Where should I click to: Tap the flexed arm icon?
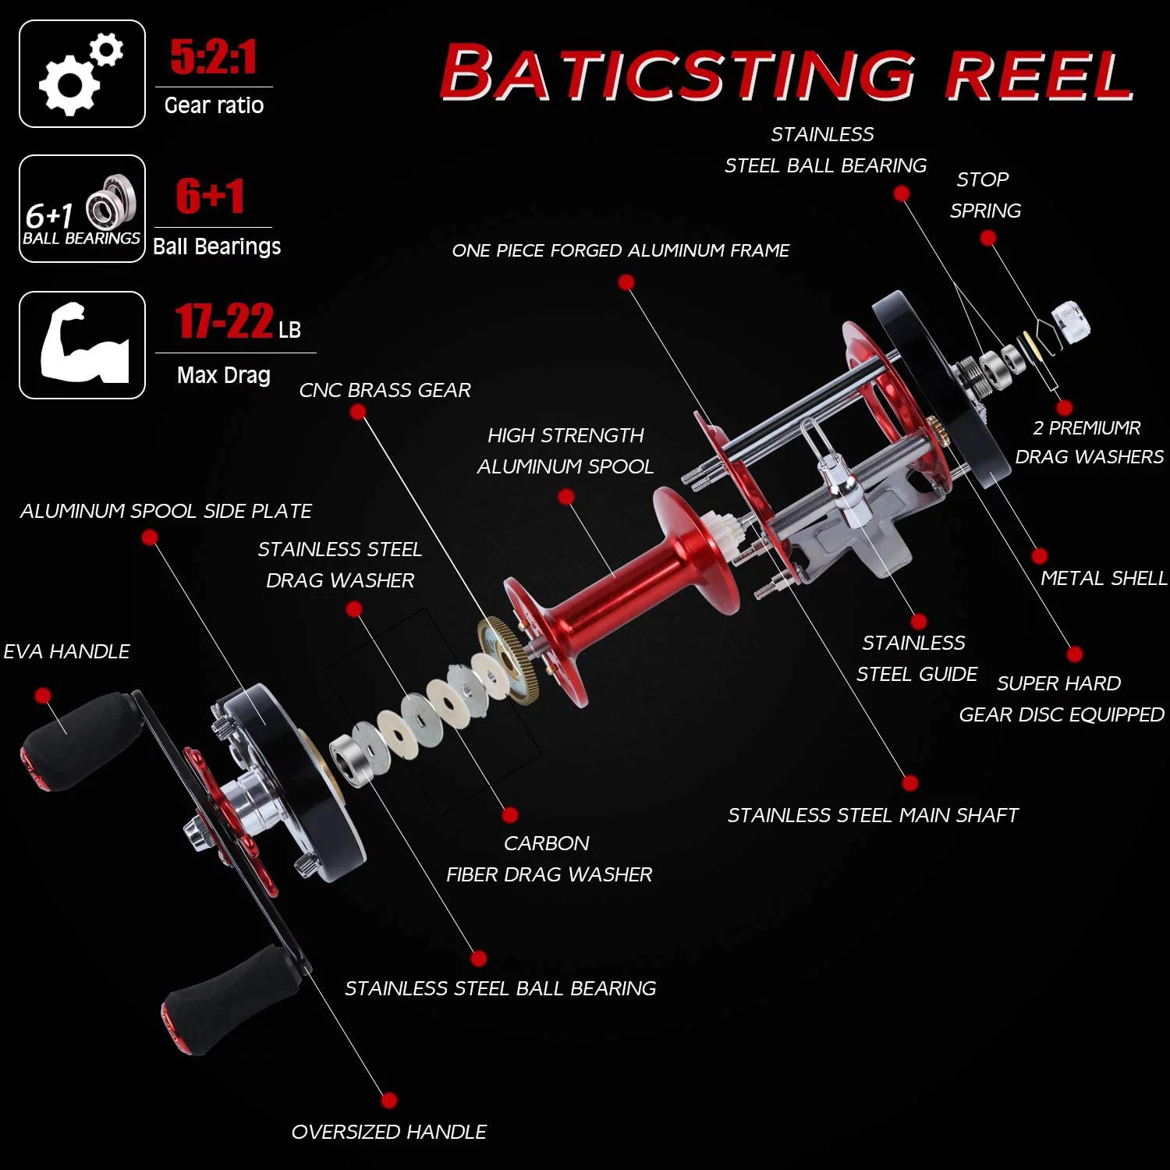coord(82,345)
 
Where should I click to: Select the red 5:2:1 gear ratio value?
coord(213,57)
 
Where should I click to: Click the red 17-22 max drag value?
coord(225,321)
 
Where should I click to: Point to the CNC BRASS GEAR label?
coord(385,390)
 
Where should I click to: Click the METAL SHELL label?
coord(1103,578)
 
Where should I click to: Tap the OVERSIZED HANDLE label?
coord(388,1132)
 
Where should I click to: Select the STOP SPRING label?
coord(984,195)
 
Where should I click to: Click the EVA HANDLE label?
coord(66,651)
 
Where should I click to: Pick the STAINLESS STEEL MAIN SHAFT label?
coord(873,815)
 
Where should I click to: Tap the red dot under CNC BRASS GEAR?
coord(358,413)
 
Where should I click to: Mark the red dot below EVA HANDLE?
coord(43,695)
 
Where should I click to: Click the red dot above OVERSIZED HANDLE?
coord(388,1101)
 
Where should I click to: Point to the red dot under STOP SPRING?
coord(987,238)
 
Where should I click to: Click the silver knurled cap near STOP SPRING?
coord(1070,322)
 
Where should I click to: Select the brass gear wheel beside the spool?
coord(509,660)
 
